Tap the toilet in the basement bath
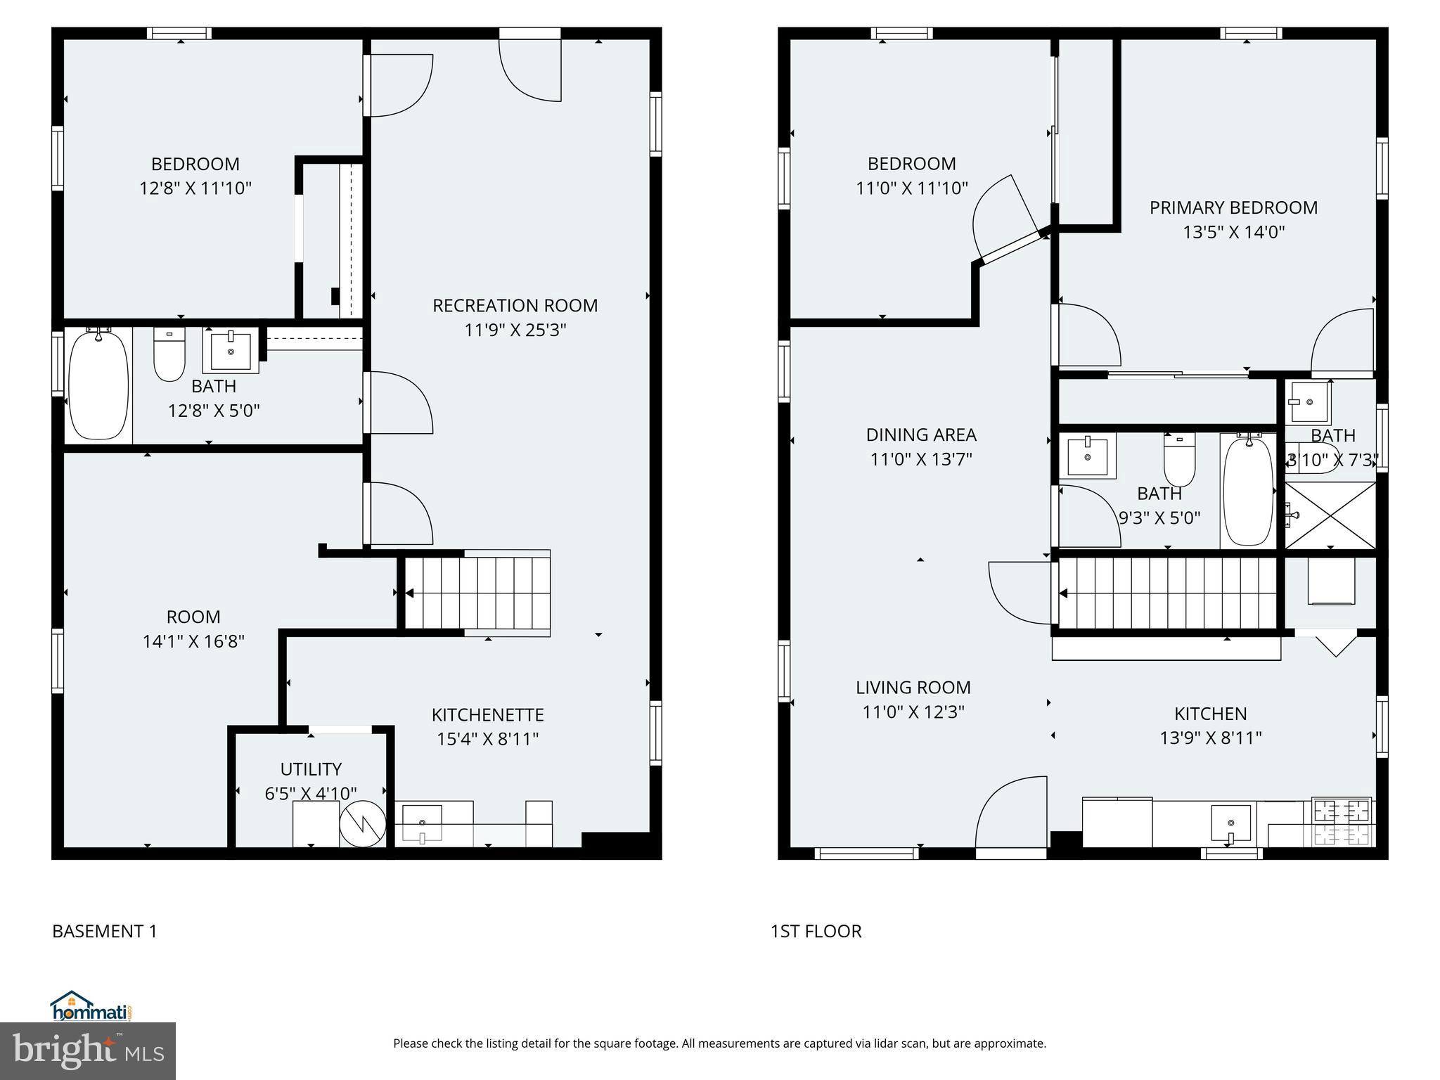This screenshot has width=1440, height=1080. pyautogui.click(x=169, y=355)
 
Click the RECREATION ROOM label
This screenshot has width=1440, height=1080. pyautogui.click(x=515, y=306)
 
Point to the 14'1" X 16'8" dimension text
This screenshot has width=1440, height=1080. pyautogui.click(x=193, y=641)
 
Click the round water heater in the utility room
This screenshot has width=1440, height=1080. pyautogui.click(x=363, y=825)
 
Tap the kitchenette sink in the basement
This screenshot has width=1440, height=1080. pyautogui.click(x=422, y=823)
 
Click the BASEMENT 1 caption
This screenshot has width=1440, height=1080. pyautogui.click(x=105, y=931)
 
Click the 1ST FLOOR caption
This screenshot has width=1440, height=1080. pyautogui.click(x=816, y=931)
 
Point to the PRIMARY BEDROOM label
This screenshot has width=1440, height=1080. pyautogui.click(x=1233, y=208)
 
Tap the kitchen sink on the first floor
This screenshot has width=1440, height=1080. pyautogui.click(x=1230, y=823)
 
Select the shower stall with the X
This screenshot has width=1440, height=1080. pyautogui.click(x=1330, y=515)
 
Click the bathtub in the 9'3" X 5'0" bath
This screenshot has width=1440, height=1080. pyautogui.click(x=1248, y=490)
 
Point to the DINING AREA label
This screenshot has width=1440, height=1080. pyautogui.click(x=921, y=435)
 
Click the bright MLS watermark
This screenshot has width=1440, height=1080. pyautogui.click(x=88, y=1050)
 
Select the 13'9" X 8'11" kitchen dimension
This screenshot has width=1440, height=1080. pyautogui.click(x=1210, y=738)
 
